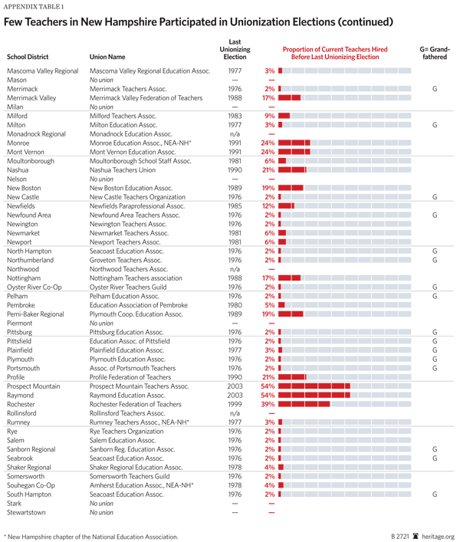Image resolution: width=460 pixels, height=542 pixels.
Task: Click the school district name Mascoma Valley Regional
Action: click(x=43, y=71)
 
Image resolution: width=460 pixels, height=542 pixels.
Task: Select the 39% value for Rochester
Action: click(x=268, y=403)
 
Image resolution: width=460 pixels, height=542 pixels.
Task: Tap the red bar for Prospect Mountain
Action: click(x=315, y=386)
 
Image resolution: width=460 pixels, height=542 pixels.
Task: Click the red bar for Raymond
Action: click(x=315, y=395)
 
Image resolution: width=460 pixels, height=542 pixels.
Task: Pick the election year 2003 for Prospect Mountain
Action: click(x=235, y=386)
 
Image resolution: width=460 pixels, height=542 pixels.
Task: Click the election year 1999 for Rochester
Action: click(x=235, y=403)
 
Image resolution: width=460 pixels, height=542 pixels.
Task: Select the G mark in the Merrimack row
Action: click(x=434, y=89)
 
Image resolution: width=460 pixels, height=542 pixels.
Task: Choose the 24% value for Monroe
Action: click(x=268, y=143)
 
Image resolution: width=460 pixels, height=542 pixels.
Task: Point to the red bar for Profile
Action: click(x=293, y=376)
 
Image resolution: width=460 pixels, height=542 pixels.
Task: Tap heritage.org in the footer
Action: click(x=439, y=537)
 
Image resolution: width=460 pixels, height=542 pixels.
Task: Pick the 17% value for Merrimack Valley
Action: click(x=268, y=98)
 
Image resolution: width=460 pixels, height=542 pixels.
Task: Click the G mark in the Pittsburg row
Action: click(x=434, y=332)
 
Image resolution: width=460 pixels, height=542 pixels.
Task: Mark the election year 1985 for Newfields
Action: click(x=235, y=205)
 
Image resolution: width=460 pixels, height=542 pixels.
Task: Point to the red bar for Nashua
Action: click(x=293, y=169)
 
